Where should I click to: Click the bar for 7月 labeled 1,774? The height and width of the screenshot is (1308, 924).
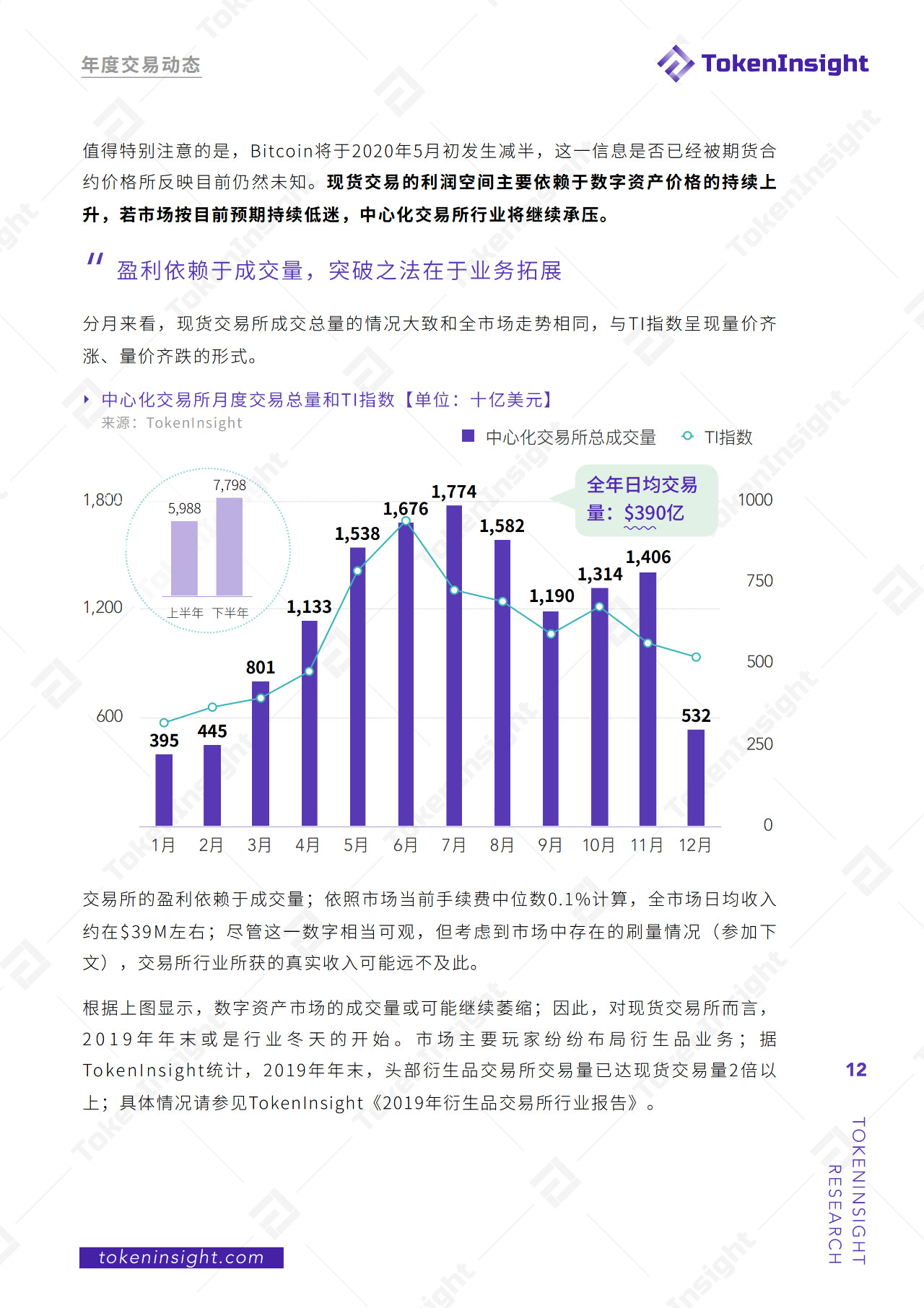tap(454, 664)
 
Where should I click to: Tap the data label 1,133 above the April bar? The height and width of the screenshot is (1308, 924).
tap(309, 607)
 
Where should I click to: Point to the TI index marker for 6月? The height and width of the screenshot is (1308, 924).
tap(406, 521)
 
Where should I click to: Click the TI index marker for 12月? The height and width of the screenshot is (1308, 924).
tap(696, 657)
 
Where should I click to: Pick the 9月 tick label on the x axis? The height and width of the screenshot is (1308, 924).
tap(550, 845)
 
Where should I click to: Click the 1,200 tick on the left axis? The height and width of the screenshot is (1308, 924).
tap(103, 607)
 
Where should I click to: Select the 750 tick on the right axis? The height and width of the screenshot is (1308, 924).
tap(759, 580)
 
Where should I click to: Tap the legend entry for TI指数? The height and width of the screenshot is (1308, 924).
tap(728, 437)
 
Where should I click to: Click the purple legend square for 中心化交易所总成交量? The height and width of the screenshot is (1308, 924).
tap(468, 436)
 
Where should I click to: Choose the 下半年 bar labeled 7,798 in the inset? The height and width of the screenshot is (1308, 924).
tap(230, 546)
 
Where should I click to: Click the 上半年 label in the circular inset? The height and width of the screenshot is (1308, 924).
tap(186, 613)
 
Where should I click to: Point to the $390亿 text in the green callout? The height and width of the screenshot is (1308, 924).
tap(654, 513)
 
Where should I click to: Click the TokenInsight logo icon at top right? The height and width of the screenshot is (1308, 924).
tap(676, 64)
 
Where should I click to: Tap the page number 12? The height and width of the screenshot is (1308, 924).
tap(856, 1070)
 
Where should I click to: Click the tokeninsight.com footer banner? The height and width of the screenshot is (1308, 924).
tap(181, 1257)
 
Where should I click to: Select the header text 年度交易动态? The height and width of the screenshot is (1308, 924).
tap(141, 65)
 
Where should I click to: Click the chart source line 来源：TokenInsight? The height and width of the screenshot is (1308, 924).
tap(172, 423)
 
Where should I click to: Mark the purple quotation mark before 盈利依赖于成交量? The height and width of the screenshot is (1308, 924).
tap(95, 259)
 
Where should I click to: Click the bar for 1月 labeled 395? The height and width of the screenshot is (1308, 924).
tap(164, 790)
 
